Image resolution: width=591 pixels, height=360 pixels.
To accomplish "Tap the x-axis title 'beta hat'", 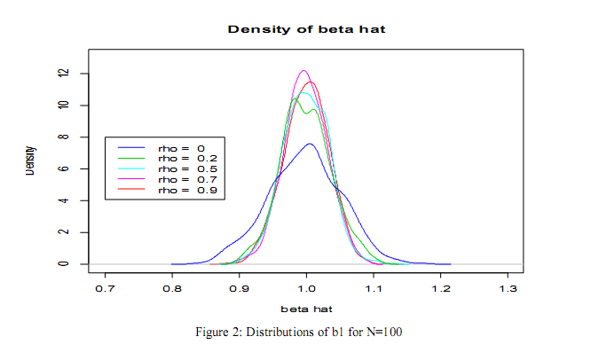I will click(306, 309).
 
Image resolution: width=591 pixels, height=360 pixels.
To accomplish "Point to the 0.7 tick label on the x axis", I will click(105, 288).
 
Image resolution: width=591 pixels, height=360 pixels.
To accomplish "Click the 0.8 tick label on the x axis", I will click(172, 288).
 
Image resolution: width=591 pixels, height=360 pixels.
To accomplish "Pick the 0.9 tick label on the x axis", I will click(240, 288).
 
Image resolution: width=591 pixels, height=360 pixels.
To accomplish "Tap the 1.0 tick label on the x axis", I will click(306, 288).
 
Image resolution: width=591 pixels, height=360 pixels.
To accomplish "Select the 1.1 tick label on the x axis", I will click(374, 288).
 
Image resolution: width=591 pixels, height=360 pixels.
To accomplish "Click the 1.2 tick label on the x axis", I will click(441, 288).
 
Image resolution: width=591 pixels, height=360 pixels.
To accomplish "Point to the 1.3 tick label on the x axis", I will click(508, 288).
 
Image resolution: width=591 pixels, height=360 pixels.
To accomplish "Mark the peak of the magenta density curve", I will click(303, 70).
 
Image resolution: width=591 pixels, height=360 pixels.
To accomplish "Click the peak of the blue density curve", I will click(309, 144).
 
